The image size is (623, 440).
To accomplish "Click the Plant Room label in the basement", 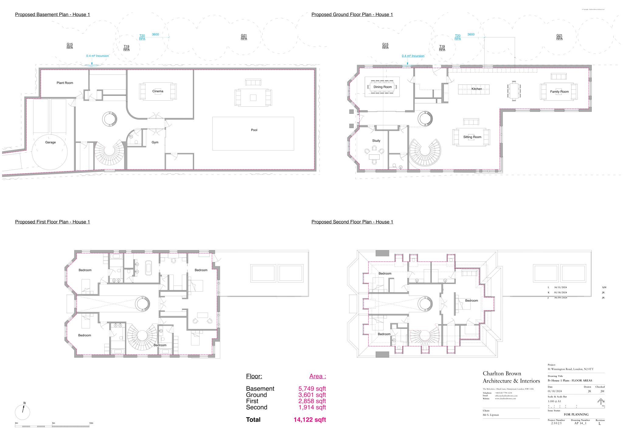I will [65, 83].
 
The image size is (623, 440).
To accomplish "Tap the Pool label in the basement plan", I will [254, 130].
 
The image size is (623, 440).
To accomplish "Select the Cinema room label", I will [158, 91].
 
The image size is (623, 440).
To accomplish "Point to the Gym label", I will [155, 142].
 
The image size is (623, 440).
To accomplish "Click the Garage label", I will [50, 142].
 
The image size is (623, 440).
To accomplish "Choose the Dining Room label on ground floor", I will [383, 87].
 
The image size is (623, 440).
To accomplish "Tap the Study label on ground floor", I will [376, 141].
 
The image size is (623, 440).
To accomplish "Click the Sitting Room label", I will [472, 137].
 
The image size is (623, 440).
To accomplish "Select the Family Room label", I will [559, 92].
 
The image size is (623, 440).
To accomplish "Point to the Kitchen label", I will [477, 89].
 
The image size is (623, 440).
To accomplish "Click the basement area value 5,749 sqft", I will [312, 389].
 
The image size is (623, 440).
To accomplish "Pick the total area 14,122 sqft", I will [309, 420].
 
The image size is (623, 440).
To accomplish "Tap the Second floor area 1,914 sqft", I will [312, 407].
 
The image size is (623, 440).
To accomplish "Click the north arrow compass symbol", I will [23, 412].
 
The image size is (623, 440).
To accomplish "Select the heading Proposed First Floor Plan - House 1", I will [52, 222].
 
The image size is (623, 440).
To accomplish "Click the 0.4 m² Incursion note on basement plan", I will [97, 56].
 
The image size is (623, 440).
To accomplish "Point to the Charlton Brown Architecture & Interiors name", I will [511, 377].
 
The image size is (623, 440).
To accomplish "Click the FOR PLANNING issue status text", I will [576, 414].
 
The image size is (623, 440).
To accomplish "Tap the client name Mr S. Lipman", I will [491, 415].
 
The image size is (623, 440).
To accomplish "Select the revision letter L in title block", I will [600, 424].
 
